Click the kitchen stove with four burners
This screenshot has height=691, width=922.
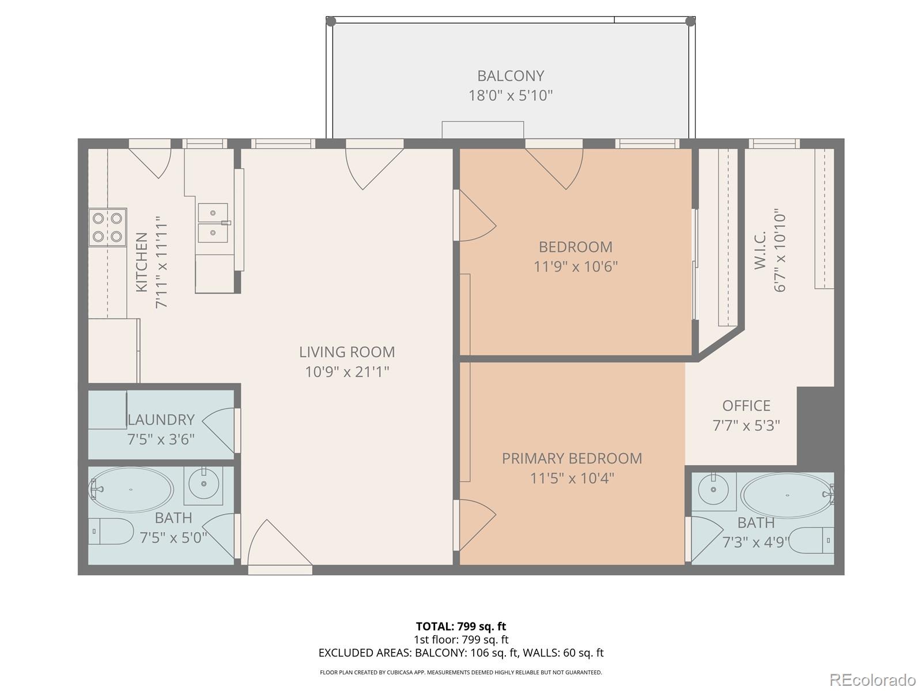click(x=108, y=227)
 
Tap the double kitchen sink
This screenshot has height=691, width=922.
click(x=213, y=223)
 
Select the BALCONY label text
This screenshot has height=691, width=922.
click(x=511, y=76)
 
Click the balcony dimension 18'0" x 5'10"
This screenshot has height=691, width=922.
click(x=511, y=96)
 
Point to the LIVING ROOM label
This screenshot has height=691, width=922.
click(x=347, y=352)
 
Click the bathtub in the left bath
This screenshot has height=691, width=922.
click(x=131, y=489)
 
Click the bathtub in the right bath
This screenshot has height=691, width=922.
click(x=787, y=494)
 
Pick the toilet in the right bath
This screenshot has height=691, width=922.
click(x=812, y=540)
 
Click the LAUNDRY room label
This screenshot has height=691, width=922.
click(x=161, y=420)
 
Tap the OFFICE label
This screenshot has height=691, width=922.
click(x=746, y=406)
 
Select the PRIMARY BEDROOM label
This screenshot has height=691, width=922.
click(x=572, y=458)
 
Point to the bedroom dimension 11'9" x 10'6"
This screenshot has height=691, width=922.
click(x=576, y=267)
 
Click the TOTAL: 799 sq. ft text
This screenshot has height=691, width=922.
click(x=461, y=626)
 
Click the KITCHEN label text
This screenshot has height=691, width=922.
click(x=142, y=262)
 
